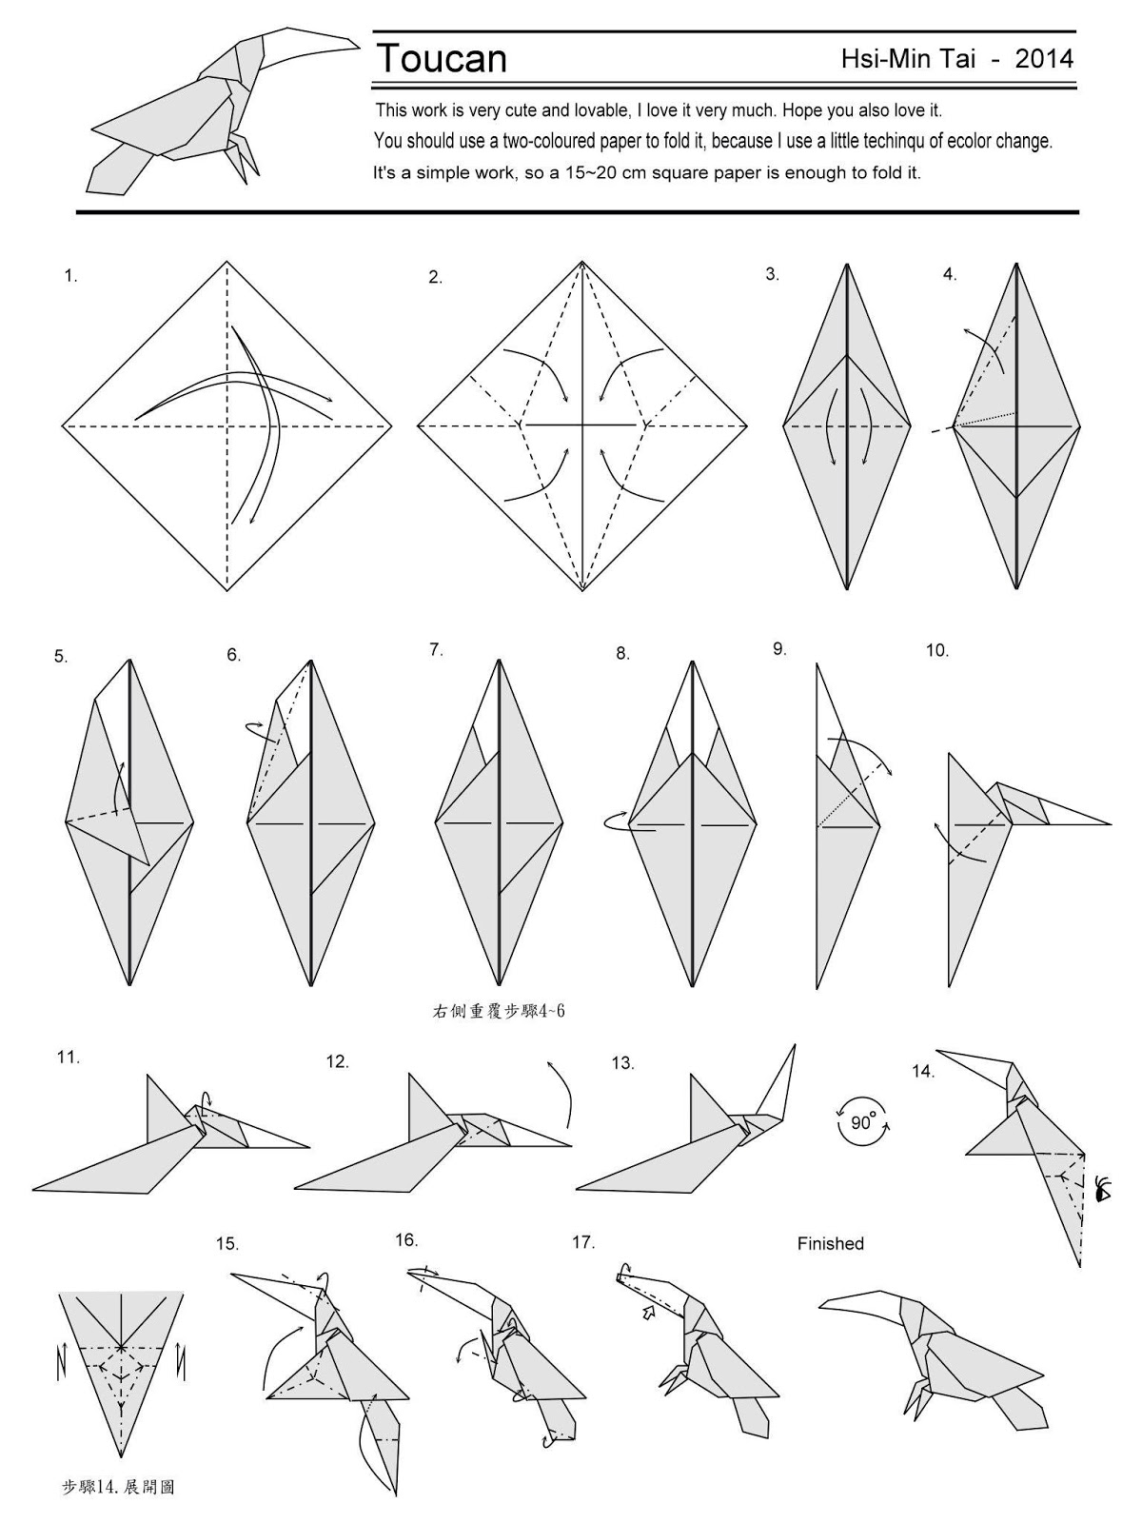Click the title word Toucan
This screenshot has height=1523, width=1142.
pyautogui.click(x=442, y=59)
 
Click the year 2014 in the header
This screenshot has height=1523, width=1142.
pyautogui.click(x=1044, y=59)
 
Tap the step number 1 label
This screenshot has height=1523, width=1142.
pyautogui.click(x=69, y=277)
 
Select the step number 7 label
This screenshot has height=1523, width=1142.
pyautogui.click(x=436, y=650)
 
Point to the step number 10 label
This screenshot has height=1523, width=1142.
pyautogui.click(x=936, y=651)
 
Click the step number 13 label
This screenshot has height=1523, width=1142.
pyautogui.click(x=622, y=1063)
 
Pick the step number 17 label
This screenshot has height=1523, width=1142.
pyautogui.click(x=582, y=1242)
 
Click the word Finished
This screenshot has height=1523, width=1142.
pyautogui.click(x=830, y=1244)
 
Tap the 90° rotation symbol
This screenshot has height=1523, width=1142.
pyautogui.click(x=861, y=1122)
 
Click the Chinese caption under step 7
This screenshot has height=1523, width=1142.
pyautogui.click(x=499, y=1011)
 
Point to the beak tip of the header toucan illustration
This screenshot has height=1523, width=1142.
pyautogui.click(x=357, y=43)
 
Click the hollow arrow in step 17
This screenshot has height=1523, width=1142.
pyautogui.click(x=649, y=1314)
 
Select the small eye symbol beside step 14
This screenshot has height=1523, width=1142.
pyautogui.click(x=1104, y=1189)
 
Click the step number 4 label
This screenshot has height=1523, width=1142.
pyautogui.click(x=949, y=275)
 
